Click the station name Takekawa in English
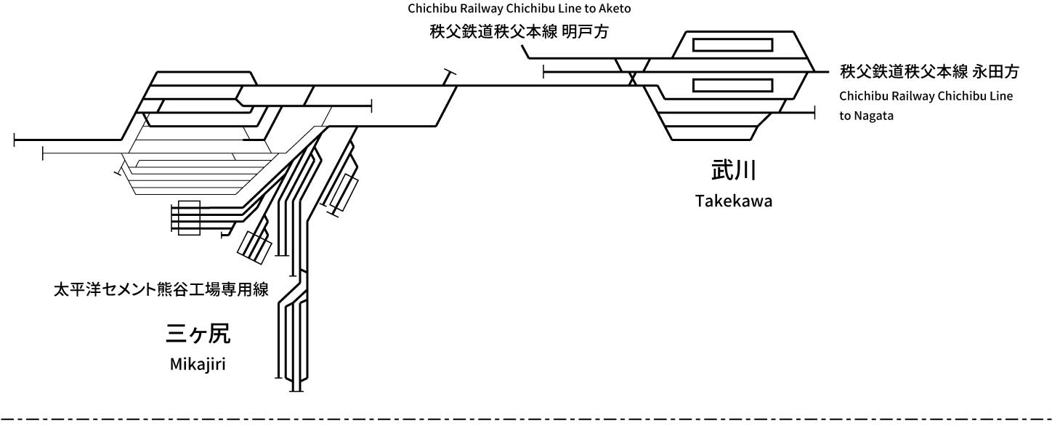pyautogui.click(x=733, y=201)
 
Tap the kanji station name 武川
pyautogui.click(x=733, y=172)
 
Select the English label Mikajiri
pyautogui.click(x=198, y=364)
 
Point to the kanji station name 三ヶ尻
pyautogui.click(x=198, y=334)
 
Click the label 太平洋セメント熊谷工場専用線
pyautogui.click(x=161, y=290)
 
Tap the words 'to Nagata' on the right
pyautogui.click(x=867, y=116)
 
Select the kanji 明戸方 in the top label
pyautogui.click(x=585, y=33)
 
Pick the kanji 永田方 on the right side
pyautogui.click(x=996, y=71)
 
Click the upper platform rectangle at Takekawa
pyautogui.click(x=732, y=44)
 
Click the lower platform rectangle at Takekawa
pyautogui.click(x=732, y=85)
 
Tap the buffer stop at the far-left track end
pyautogui.click(x=15, y=139)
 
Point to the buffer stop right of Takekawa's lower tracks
pyautogui.click(x=815, y=113)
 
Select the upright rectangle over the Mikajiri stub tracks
pyautogui.click(x=189, y=217)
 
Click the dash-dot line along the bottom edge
pyautogui.click(x=526, y=419)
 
